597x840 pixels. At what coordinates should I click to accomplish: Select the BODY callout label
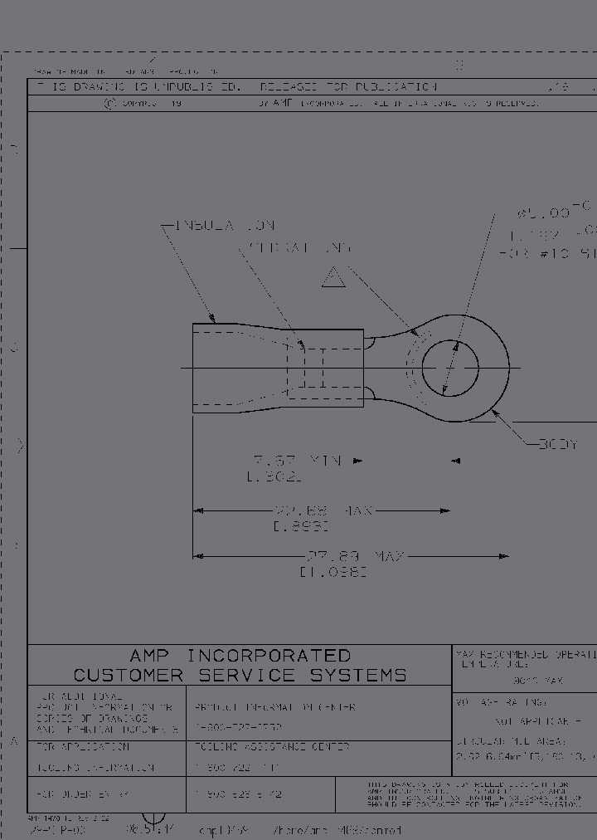[x=557, y=445]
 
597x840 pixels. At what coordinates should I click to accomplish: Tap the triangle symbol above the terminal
[x=333, y=277]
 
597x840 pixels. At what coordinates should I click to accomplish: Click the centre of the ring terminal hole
[x=450, y=368]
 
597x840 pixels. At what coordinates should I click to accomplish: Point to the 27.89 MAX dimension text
[x=355, y=556]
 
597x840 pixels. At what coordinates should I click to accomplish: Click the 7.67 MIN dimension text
[x=297, y=461]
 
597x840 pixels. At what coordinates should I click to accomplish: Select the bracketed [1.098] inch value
[x=333, y=572]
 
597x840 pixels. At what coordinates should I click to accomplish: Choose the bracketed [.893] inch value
[x=299, y=525]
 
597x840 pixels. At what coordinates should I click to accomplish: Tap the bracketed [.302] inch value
[x=274, y=476]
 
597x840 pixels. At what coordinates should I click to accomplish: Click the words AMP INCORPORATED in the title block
[x=240, y=656]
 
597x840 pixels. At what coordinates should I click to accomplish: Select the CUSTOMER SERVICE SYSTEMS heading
[x=240, y=675]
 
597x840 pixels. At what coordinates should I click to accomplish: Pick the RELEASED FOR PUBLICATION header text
[x=348, y=87]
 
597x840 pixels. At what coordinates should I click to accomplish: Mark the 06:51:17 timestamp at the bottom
[x=149, y=829]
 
